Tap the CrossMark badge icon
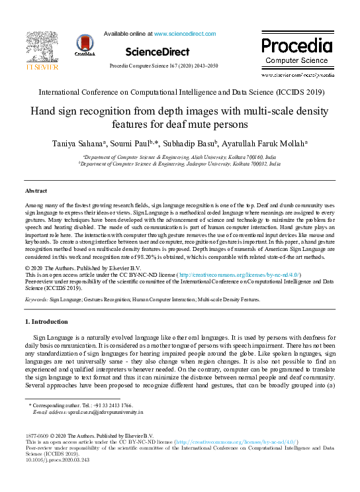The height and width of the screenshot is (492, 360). click(x=85, y=44)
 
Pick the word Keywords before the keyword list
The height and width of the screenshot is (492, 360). click(x=36, y=299)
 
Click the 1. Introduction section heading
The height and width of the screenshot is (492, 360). click(x=46, y=322)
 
